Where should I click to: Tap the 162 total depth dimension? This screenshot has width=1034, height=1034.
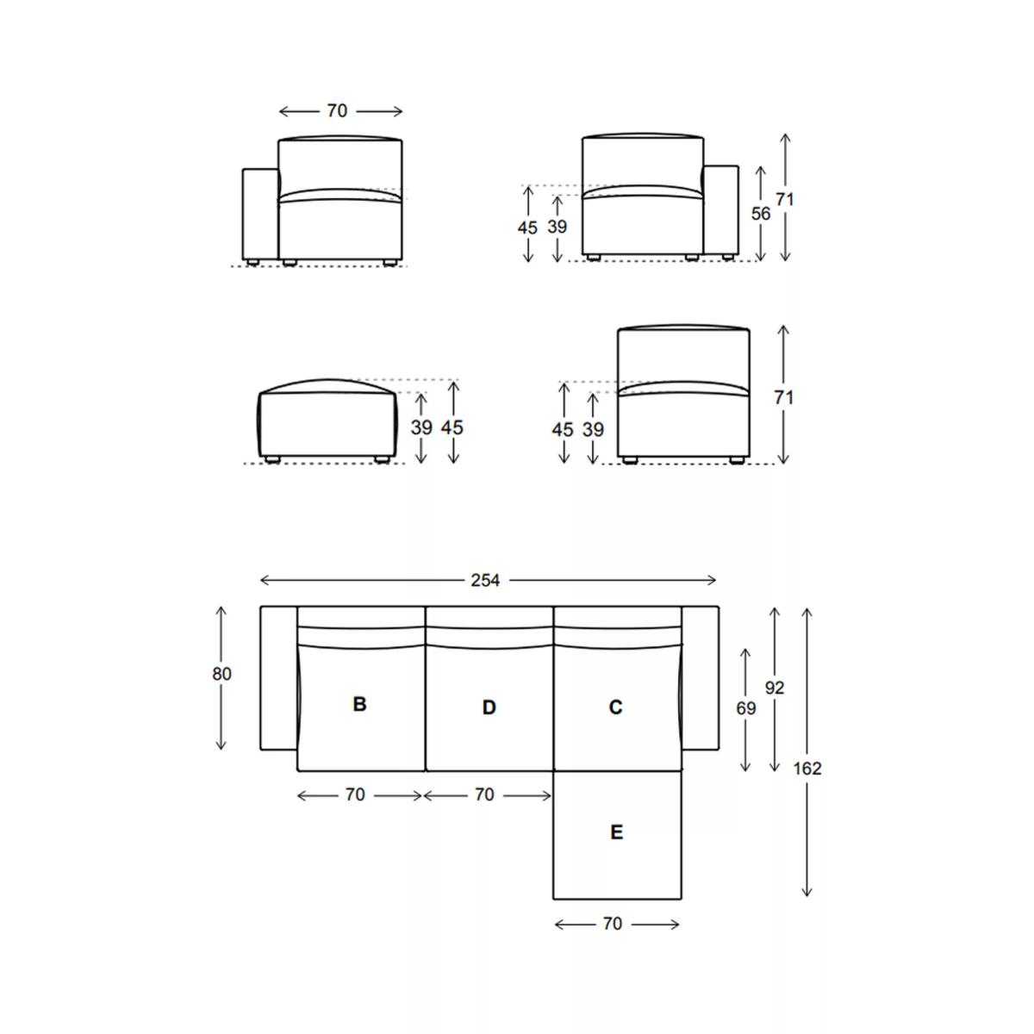point(807,769)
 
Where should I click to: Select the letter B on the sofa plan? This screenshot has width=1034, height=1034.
point(359,703)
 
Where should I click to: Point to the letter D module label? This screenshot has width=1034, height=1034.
point(489,707)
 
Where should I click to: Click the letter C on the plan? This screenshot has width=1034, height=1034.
point(615,707)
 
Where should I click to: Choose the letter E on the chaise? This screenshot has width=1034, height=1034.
point(617,832)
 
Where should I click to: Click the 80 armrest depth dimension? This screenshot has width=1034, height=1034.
point(221,674)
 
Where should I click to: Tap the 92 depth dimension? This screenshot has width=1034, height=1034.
point(775,688)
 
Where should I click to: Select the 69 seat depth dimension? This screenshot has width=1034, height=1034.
point(745,708)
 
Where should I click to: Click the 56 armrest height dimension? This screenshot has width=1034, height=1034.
point(760,214)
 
